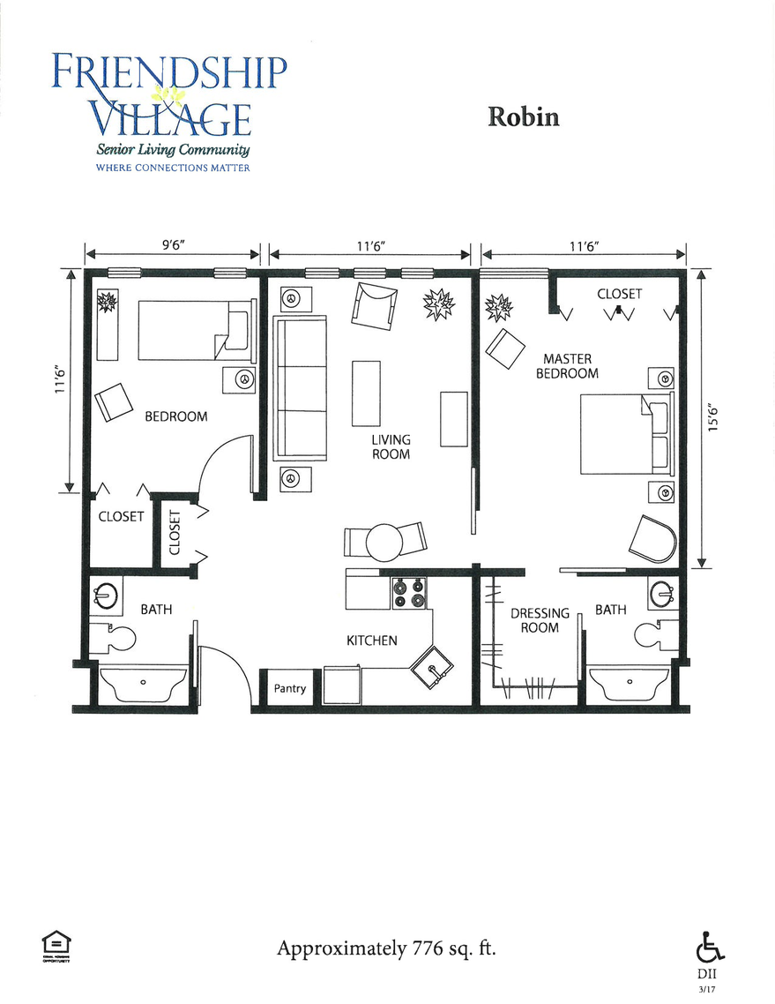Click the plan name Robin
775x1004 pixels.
523,117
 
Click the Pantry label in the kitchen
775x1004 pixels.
289,688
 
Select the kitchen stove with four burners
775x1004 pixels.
408,592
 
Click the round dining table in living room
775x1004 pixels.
384,543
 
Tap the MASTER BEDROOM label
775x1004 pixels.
567,366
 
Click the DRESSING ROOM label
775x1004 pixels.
540,620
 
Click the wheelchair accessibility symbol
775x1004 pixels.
710,948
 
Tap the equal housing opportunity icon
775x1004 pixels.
56,944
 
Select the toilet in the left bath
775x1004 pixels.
116,636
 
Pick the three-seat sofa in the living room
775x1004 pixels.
300,388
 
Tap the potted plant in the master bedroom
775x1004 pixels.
497,307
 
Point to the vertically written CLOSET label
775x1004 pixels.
175,533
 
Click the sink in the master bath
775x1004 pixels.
661,594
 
